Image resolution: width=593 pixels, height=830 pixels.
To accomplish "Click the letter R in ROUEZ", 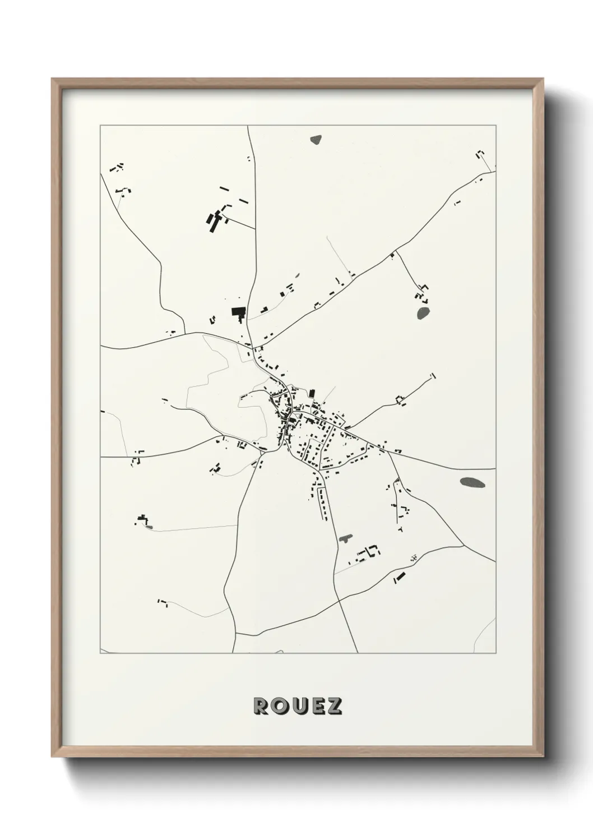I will click(262, 706).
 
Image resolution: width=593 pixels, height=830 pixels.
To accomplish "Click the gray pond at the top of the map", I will click(317, 139).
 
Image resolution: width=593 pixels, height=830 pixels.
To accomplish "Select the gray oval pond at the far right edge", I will click(472, 482).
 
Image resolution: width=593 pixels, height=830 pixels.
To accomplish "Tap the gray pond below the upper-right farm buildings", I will click(423, 312).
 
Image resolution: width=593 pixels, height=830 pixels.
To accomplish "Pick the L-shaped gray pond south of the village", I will click(345, 538).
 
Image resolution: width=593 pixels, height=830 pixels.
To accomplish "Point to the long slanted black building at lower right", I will click(399, 577).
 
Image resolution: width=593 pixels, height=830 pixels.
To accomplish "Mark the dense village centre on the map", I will click(291, 418).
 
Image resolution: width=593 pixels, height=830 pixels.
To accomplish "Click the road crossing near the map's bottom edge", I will click(339, 602).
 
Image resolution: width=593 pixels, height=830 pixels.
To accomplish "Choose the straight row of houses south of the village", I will click(323, 503).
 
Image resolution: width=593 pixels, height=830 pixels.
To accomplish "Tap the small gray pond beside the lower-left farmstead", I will click(149, 527).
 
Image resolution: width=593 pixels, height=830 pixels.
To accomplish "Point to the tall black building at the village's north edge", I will click(312, 394).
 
